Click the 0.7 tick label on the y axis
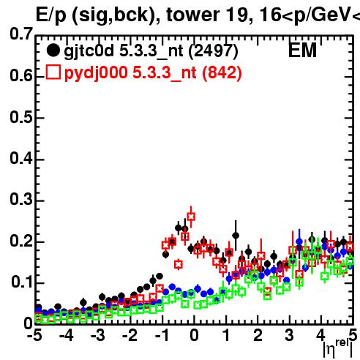coord(21,34)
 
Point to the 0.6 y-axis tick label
coord(21,75)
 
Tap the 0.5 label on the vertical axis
coord(21,117)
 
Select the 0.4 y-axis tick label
coord(21,158)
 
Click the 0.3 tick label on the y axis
coord(21,199)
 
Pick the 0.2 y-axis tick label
coord(21,241)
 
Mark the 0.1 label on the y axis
coord(22,282)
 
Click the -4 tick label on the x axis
coord(67,335)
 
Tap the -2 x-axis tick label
coord(130,335)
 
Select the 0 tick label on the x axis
coord(194,335)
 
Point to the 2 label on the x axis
coord(258,335)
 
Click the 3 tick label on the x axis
coord(290,335)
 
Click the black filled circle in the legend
coord(53,50)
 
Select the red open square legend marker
coord(53,72)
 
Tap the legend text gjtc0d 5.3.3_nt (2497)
coord(151,52)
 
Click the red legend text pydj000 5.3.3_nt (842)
coord(153,73)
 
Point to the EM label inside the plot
coord(302,50)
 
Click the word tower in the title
coord(193,15)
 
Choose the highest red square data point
coord(191,217)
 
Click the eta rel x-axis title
coord(338,348)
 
